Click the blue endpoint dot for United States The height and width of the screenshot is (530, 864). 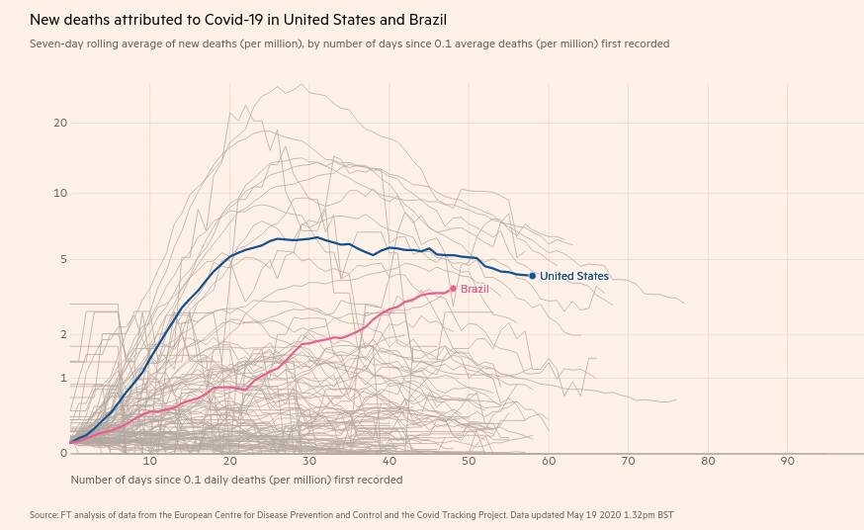[532, 276]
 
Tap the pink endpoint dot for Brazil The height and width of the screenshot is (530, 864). [453, 289]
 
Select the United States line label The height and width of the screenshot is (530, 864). [574, 276]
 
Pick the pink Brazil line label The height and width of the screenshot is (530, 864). [475, 289]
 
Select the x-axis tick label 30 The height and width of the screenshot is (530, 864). [309, 462]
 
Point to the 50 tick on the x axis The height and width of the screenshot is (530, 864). [469, 462]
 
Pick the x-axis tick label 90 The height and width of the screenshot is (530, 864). [787, 462]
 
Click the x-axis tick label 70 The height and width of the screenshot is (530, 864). [628, 462]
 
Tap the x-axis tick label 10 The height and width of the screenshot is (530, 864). [150, 462]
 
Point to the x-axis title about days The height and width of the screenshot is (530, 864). [236, 480]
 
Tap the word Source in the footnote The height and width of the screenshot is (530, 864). [43, 515]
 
